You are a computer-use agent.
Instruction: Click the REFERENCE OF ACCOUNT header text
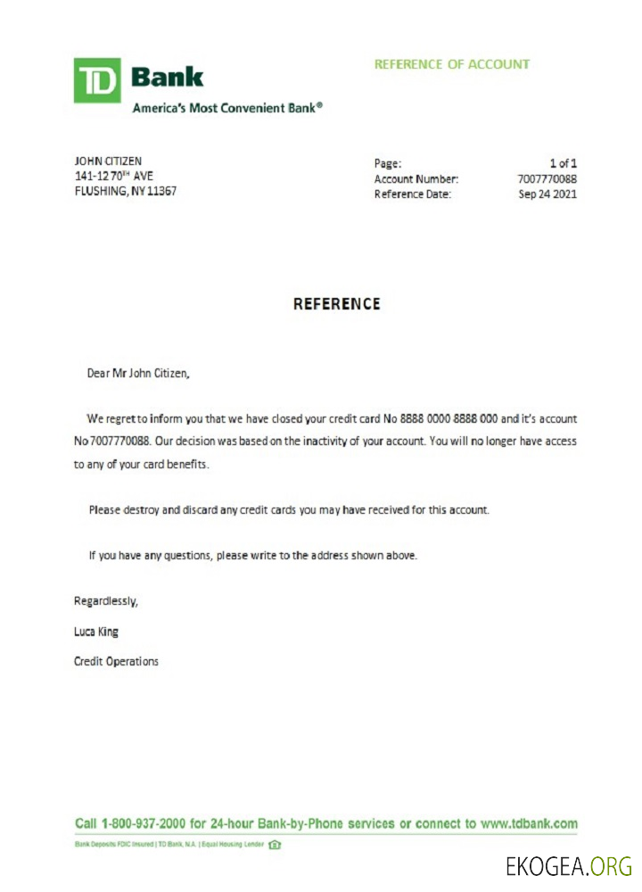tap(451, 64)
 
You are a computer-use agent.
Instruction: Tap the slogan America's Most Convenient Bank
tap(227, 108)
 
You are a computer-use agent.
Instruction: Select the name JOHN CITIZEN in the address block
tap(107, 161)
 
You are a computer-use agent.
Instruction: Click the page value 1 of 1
tap(564, 163)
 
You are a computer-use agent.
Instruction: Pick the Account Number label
tap(416, 179)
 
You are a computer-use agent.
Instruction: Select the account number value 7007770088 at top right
tap(547, 179)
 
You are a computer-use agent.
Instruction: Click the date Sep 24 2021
tap(547, 194)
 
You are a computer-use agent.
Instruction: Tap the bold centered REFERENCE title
tap(337, 304)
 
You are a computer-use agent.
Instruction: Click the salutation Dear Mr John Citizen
tap(138, 374)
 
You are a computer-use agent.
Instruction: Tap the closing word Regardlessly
tap(105, 601)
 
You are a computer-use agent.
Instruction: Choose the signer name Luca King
tap(95, 632)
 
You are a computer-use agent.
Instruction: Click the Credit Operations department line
tap(116, 662)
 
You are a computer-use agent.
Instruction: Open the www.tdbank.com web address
tap(529, 823)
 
